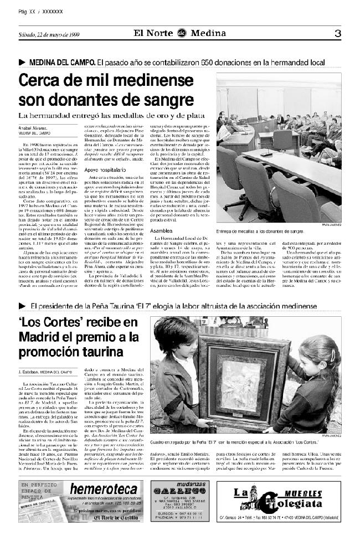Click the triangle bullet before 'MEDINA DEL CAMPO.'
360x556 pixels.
tap(22, 62)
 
